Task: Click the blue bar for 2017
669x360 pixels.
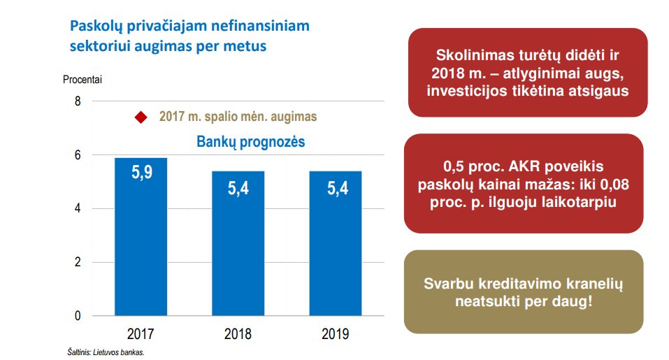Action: [141, 238]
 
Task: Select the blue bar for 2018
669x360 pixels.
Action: [238, 245]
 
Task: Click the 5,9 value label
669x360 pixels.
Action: [141, 173]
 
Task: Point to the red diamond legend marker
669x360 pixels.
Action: [141, 117]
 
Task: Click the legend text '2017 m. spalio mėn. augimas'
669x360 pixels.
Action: [238, 117]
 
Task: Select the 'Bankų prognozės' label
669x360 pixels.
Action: [250, 143]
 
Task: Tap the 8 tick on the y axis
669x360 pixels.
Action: [78, 101]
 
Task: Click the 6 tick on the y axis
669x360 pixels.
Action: [78, 155]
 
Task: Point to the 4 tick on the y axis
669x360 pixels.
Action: [78, 208]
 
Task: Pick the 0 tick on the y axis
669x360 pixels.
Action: [78, 316]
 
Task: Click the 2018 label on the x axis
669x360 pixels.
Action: [238, 333]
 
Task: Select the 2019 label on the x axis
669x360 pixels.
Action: [335, 333]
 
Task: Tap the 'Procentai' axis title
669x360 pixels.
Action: [82, 80]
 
